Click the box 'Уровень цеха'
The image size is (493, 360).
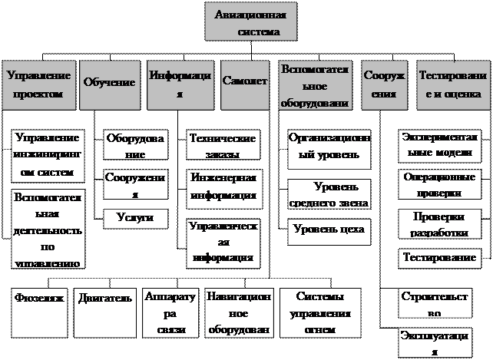(328, 230)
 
